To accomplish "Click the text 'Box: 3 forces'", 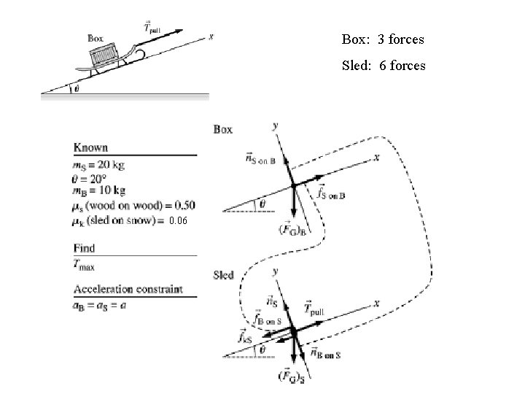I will click(x=382, y=39).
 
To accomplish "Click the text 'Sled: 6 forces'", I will click(x=384, y=66).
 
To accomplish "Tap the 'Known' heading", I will click(x=90, y=148).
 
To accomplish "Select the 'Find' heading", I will click(x=84, y=248).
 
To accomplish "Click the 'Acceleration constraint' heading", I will click(x=128, y=288).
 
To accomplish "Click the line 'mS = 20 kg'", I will click(x=99, y=165).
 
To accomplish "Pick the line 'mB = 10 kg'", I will click(x=100, y=191).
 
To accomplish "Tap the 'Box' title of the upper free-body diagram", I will click(x=223, y=129).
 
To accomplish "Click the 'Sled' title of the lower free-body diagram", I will click(x=224, y=275).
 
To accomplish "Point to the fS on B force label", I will click(x=331, y=194).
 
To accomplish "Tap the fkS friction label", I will click(x=245, y=337).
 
